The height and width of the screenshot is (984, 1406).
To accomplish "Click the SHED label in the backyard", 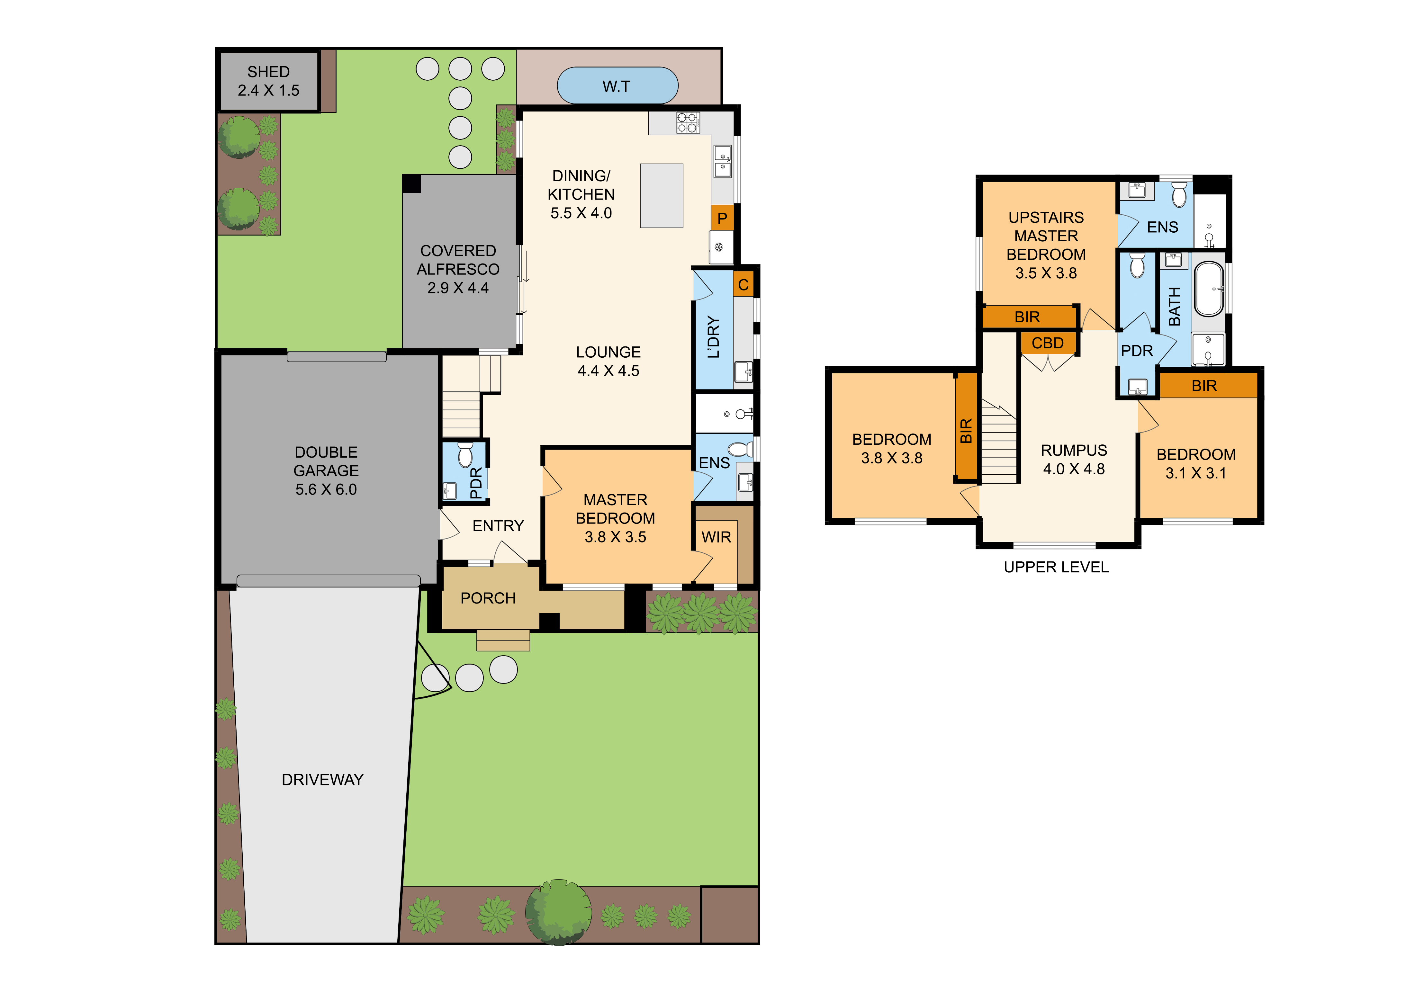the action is (268, 72).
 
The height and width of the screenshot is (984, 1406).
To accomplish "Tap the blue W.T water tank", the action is (617, 86).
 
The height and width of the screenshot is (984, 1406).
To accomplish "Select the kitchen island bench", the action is (661, 196).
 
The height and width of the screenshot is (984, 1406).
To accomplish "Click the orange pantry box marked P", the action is (722, 218).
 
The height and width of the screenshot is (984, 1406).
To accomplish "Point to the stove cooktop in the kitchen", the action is (688, 122).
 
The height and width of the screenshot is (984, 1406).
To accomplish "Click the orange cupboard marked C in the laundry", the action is (744, 284).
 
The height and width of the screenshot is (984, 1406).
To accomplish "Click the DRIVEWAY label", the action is (323, 780).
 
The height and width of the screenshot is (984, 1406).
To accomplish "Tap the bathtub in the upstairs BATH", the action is (1209, 289).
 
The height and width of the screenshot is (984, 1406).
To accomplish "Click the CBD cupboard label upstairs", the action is (1048, 343).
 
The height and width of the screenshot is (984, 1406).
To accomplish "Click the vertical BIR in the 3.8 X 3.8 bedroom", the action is (966, 431).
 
